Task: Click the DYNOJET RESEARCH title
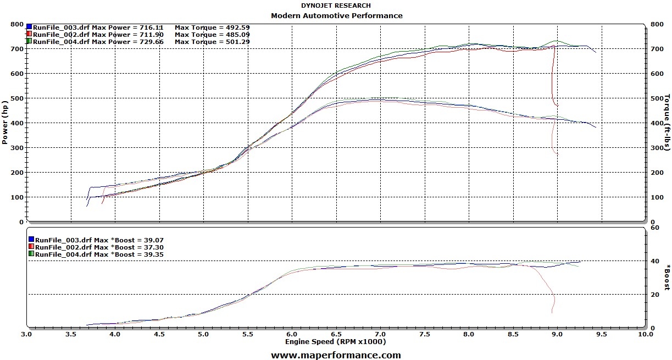coord(336,5)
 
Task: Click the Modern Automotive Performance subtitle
coord(336,15)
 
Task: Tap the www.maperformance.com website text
coord(336,355)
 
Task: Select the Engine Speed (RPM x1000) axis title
coord(335,342)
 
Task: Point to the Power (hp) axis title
coord(5,122)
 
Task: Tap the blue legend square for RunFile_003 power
coord(29,26)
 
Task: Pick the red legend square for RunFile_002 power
coord(29,34)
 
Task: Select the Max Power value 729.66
coord(151,41)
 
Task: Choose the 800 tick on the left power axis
coord(16,25)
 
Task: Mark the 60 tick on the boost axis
coord(654,227)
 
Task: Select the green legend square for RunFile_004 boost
coord(31,254)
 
